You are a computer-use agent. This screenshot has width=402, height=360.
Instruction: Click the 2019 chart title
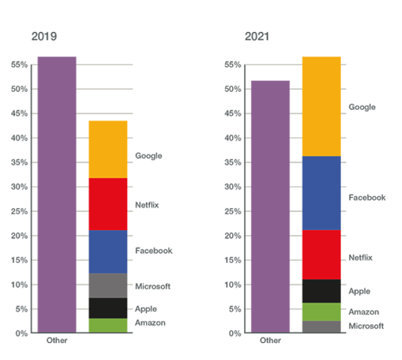tap(44, 36)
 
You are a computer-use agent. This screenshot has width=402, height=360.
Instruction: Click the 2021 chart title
tap(257, 36)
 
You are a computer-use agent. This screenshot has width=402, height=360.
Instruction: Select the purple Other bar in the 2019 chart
tap(57, 194)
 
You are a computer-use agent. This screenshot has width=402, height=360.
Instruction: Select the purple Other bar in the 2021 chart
tap(270, 207)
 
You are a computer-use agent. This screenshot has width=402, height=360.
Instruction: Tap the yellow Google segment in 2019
tap(108, 149)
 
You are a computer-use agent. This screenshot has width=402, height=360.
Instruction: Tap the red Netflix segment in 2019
tap(108, 204)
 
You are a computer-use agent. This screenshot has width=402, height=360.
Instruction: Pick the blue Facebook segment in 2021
tap(321, 193)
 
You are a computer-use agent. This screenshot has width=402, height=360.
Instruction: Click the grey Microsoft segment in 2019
tap(108, 285)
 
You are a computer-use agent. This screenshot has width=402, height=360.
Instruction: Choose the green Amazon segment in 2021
tap(321, 312)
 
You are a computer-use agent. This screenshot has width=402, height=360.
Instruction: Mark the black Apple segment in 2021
tap(321, 291)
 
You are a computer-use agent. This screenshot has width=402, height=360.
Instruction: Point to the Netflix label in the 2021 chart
tap(360, 257)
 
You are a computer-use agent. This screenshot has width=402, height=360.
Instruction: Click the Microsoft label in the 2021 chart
tap(366, 326)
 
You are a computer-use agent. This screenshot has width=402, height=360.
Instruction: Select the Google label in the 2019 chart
tap(149, 156)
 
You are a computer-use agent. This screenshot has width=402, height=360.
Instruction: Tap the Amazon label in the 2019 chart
tap(150, 322)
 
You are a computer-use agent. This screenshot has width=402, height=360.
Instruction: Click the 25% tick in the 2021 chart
tap(232, 211)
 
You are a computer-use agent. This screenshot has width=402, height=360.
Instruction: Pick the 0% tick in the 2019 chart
tap(21, 334)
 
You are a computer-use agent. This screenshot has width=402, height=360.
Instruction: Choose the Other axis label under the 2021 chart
tap(270, 341)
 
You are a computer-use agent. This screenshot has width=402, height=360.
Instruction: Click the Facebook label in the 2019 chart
tap(154, 251)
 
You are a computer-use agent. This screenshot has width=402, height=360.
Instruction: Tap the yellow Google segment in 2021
tap(321, 106)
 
